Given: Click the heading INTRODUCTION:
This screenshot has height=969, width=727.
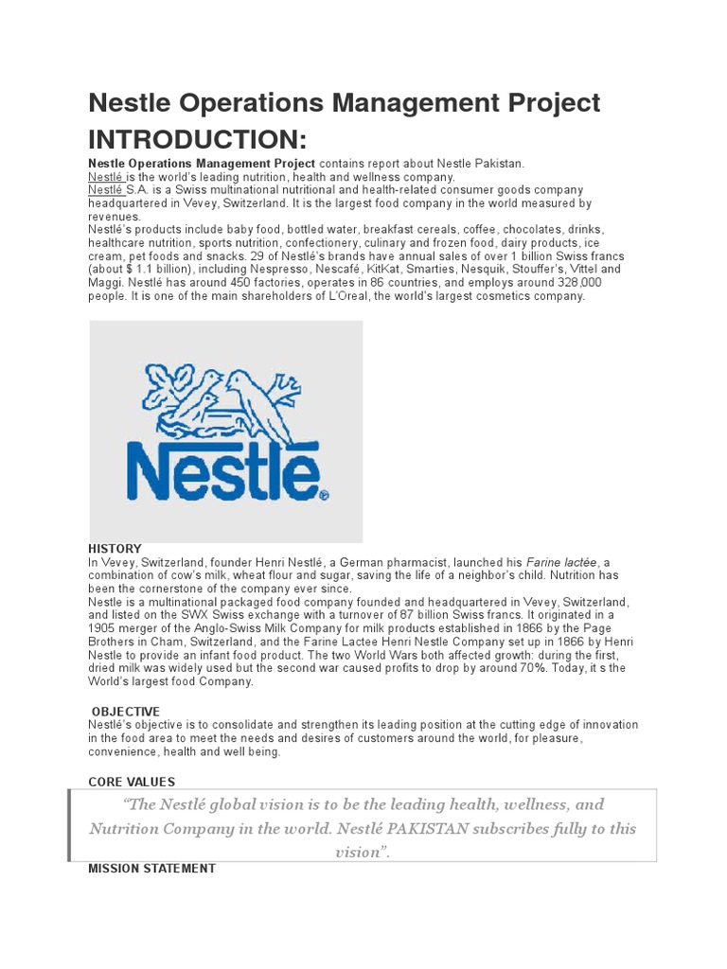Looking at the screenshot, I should (197, 140).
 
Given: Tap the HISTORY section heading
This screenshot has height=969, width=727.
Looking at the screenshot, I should (115, 549).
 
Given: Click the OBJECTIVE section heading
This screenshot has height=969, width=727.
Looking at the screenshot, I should (126, 712).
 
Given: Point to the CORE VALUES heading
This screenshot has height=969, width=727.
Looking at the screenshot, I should (132, 782).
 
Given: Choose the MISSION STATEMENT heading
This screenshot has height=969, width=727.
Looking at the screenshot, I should (151, 868).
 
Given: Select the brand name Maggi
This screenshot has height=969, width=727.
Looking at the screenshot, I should (106, 283).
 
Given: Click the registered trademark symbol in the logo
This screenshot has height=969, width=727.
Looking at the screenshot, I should (324, 494).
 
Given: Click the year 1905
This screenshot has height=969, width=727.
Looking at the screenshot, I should (104, 628).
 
